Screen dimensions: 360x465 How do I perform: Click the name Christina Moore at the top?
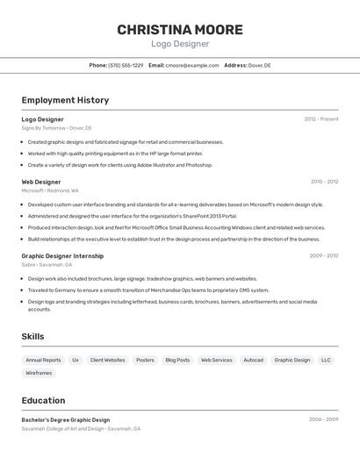180,29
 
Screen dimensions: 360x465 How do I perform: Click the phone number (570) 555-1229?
126,65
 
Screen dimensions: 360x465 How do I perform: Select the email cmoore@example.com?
192,65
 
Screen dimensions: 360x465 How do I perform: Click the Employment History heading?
65,100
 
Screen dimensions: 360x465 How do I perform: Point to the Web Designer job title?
41,182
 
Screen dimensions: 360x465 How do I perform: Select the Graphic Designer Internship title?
62,256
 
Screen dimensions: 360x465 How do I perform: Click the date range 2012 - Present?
321,119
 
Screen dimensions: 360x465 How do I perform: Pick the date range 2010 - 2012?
324,182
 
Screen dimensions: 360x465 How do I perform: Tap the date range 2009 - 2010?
324,256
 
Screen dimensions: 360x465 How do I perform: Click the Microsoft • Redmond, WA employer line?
50,190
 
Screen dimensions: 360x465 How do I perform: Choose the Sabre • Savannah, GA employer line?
47,264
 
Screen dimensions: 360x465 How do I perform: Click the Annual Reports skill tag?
43,360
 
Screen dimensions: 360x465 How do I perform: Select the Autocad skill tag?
253,360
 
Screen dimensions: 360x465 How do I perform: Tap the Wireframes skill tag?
39,373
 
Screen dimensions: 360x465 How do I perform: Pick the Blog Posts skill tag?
177,360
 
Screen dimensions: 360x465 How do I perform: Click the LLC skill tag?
326,360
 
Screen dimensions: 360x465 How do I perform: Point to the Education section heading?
43,400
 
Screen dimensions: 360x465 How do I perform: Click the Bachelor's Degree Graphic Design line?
66,419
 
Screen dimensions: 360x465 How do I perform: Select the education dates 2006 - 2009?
323,419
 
